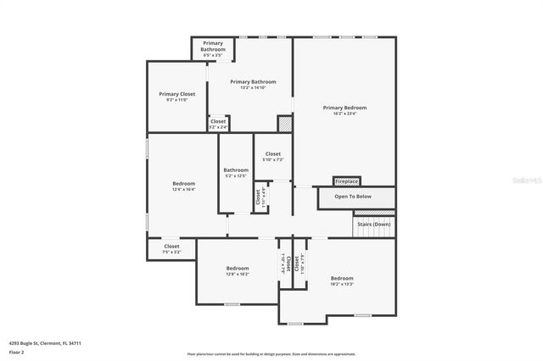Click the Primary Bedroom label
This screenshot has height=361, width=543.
[344, 108]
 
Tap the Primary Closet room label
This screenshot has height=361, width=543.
[176, 94]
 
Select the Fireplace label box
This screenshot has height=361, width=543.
[346, 181]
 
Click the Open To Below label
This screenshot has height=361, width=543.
[352, 197]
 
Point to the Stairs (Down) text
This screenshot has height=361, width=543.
[374, 224]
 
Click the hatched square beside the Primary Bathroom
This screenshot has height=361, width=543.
[284, 124]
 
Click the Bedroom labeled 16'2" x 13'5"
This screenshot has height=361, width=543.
[342, 280]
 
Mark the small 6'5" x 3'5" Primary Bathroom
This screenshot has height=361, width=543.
[212, 48]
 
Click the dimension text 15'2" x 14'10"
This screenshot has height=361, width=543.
[253, 87]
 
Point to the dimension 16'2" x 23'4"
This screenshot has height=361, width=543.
[344, 113]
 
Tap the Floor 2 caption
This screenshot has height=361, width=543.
[16, 352]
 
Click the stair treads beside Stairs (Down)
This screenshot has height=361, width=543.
[374, 232]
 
